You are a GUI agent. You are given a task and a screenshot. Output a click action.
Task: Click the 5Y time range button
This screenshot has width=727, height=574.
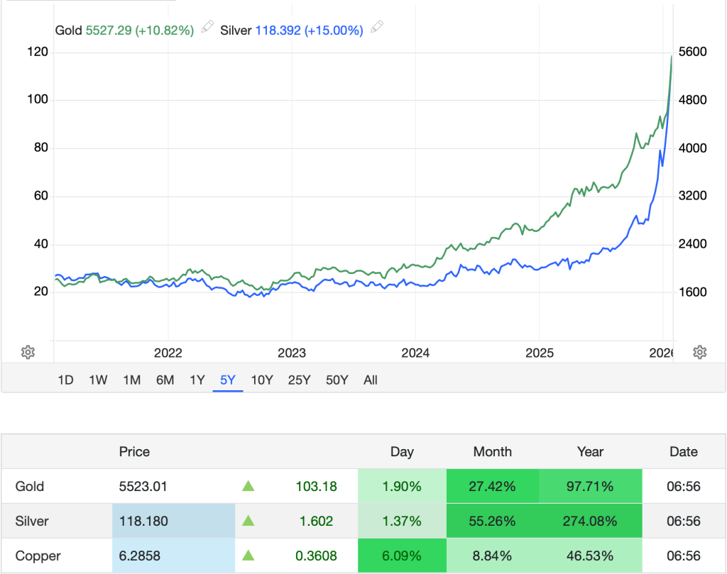[x=228, y=380]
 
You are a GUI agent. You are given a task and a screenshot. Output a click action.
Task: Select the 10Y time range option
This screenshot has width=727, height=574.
[x=261, y=380]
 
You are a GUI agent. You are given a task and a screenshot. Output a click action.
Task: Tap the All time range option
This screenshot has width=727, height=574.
[x=370, y=380]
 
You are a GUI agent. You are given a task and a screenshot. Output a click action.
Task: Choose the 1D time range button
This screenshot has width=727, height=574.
[x=65, y=380]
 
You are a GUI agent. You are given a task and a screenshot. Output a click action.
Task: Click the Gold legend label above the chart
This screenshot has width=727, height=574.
[x=69, y=31]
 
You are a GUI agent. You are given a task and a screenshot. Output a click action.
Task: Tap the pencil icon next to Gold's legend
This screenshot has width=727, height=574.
[x=207, y=28]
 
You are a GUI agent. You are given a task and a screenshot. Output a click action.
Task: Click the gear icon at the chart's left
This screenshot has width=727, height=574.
[x=28, y=352]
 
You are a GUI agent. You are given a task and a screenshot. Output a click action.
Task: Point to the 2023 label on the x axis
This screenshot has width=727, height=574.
[x=291, y=353]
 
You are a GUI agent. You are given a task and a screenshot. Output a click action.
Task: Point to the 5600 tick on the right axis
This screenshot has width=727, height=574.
[x=693, y=52]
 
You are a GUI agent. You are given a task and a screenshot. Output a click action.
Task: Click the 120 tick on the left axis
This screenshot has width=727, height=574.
[x=38, y=52]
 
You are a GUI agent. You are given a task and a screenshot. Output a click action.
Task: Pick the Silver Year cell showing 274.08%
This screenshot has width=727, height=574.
[x=590, y=521]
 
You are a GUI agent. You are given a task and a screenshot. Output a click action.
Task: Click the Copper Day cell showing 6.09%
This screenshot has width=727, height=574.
[x=402, y=556]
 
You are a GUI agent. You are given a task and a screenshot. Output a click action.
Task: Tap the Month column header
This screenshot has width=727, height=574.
[x=492, y=452]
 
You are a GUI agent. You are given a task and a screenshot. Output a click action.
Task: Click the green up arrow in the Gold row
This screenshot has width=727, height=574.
[x=248, y=487]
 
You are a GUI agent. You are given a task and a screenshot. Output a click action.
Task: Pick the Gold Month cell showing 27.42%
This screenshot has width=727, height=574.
[x=492, y=487]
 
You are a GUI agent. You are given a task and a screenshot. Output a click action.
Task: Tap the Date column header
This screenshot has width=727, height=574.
[x=684, y=452]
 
